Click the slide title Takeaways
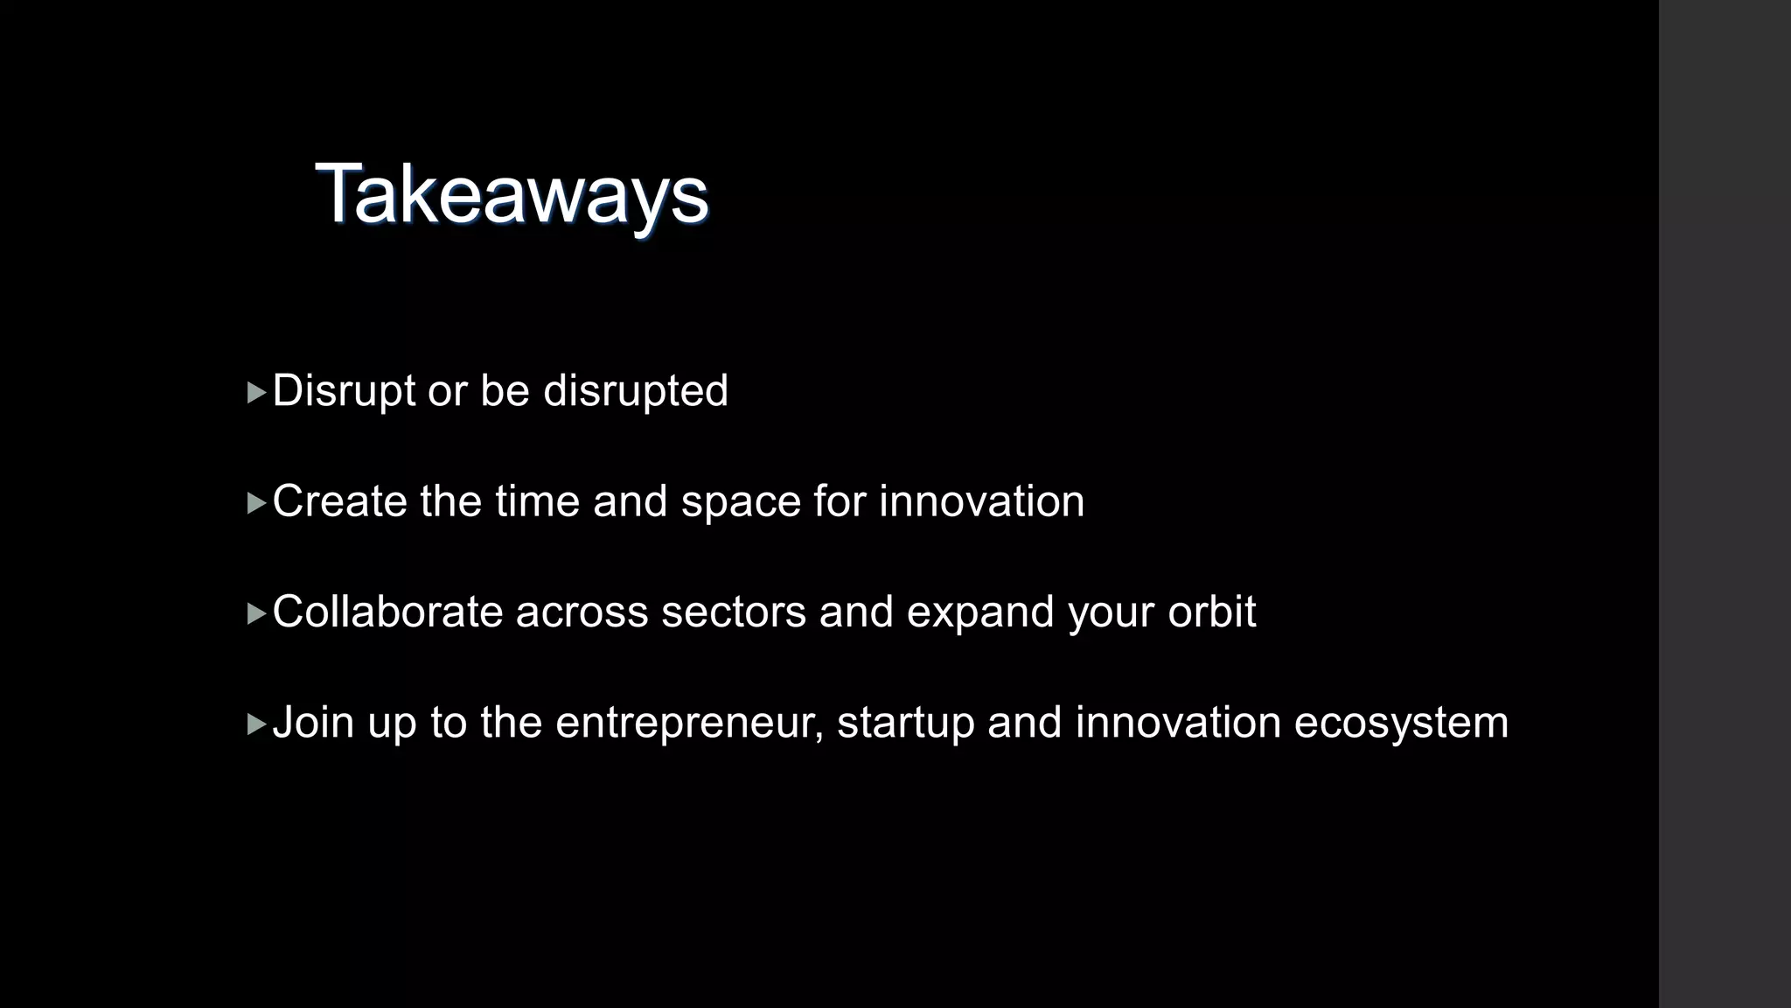click(x=512, y=194)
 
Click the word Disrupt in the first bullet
click(x=344, y=390)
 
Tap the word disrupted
click(x=636, y=390)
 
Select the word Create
click(x=339, y=501)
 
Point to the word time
click(x=537, y=501)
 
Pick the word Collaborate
click(x=387, y=612)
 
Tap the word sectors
click(x=733, y=612)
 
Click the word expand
click(x=979, y=612)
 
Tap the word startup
click(x=905, y=724)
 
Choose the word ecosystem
click(x=1401, y=724)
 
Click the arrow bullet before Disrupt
click(x=256, y=392)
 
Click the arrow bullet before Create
click(x=256, y=503)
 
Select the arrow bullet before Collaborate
click(x=256, y=613)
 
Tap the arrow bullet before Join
click(x=256, y=724)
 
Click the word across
click(x=582, y=612)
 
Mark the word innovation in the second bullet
click(x=981, y=501)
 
